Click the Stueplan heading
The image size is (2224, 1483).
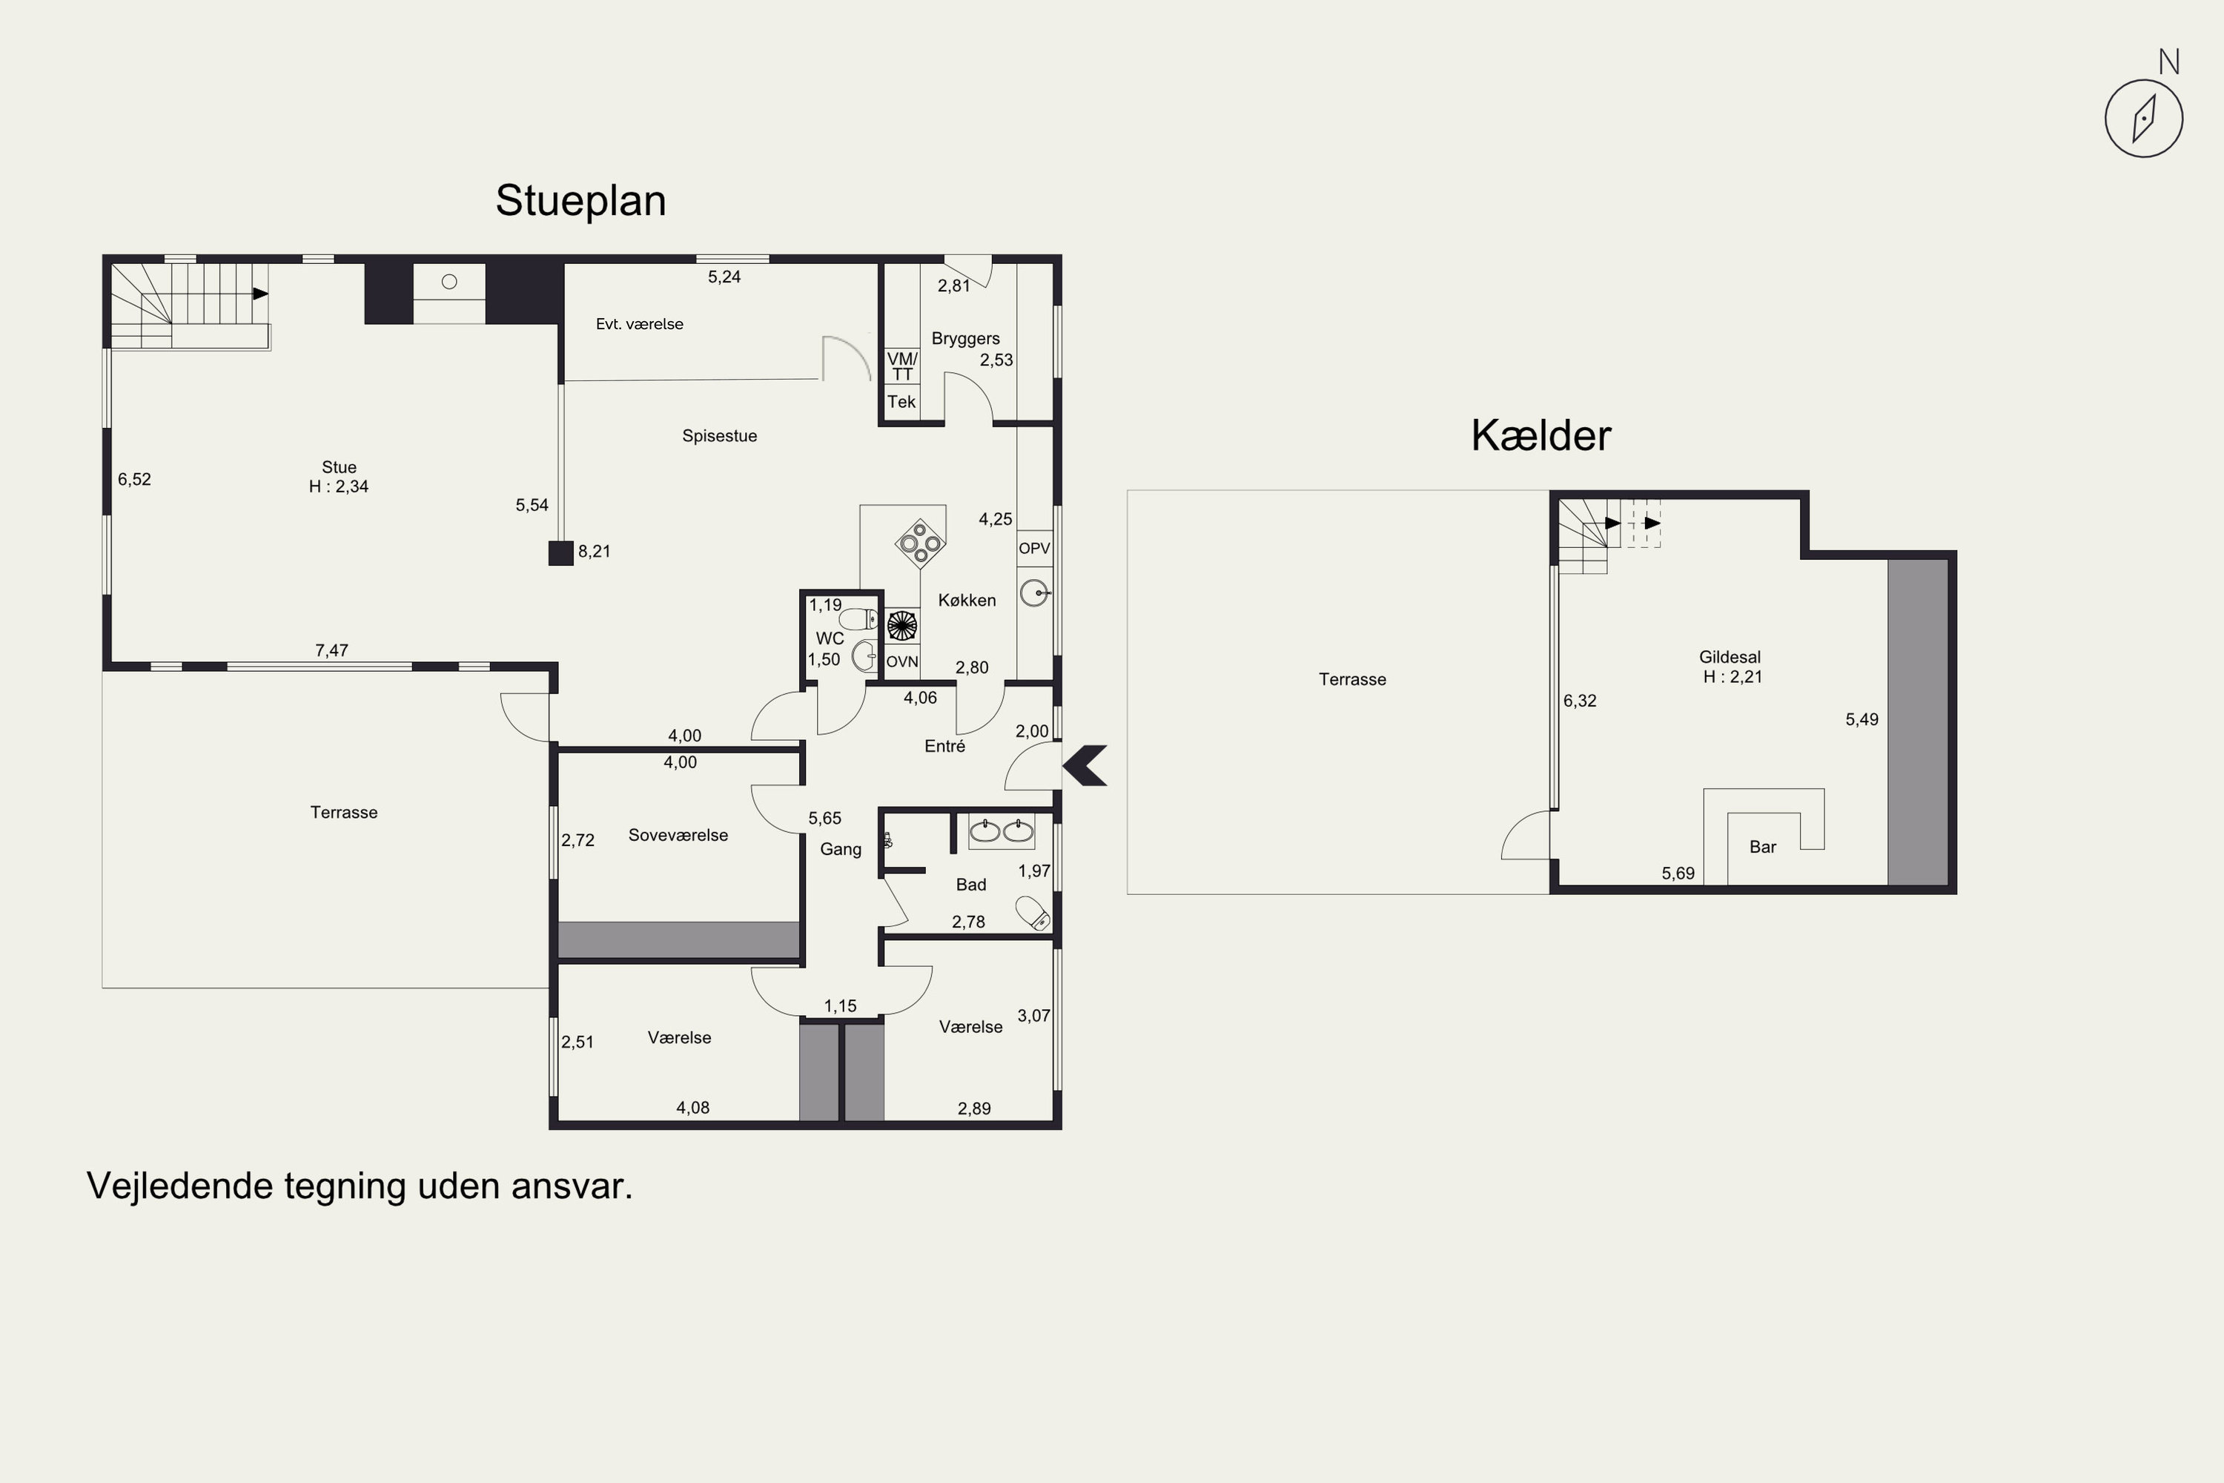[x=580, y=200]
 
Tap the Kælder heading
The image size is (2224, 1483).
[x=1540, y=436]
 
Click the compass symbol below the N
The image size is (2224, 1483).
[x=2144, y=118]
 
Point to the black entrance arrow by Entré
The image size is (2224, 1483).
[x=1085, y=765]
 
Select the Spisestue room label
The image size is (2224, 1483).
[x=720, y=436]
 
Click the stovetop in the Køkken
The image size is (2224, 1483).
[x=920, y=543]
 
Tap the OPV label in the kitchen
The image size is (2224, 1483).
[x=1034, y=549]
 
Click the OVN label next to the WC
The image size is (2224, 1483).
[x=902, y=662]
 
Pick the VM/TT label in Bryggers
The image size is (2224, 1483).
[x=902, y=366]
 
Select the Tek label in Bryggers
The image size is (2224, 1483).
[x=901, y=402]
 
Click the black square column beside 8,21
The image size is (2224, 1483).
[x=560, y=553]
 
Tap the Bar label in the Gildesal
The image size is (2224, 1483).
[x=1763, y=848]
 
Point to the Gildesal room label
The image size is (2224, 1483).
[x=1730, y=656]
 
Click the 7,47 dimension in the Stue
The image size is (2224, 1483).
[x=332, y=651]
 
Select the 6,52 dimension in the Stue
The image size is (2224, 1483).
[x=134, y=480]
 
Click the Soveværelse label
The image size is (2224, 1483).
[x=678, y=835]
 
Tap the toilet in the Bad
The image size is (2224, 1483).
[x=1033, y=912]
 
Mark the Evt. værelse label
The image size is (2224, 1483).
[x=639, y=325]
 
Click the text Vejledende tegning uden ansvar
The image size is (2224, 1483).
[x=360, y=1186]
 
